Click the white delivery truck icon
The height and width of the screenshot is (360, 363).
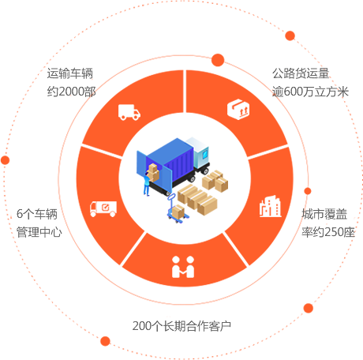point(129,112)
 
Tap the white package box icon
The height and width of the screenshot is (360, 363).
point(238,109)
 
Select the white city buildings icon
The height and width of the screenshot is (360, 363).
point(270,206)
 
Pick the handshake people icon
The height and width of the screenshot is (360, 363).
point(183,267)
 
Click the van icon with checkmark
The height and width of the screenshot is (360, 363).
point(103,209)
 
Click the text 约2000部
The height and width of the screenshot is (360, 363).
point(71,92)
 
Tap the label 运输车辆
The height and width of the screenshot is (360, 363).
point(70,73)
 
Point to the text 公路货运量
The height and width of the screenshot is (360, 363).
point(301,73)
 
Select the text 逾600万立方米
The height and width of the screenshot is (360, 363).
point(310,92)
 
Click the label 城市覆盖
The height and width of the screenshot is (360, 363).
point(324,214)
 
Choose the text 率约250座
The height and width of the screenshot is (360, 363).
point(328,232)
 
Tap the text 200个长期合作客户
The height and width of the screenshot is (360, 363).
point(181,326)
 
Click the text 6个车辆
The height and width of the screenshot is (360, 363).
point(37,214)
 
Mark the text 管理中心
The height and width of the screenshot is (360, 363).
point(39,232)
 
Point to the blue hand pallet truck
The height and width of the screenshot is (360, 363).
point(177,208)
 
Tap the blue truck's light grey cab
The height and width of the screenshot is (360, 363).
point(199,153)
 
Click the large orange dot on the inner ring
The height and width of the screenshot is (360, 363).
point(218,60)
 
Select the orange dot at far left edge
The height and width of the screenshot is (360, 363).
point(6,160)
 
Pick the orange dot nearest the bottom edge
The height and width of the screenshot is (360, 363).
point(105,341)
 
